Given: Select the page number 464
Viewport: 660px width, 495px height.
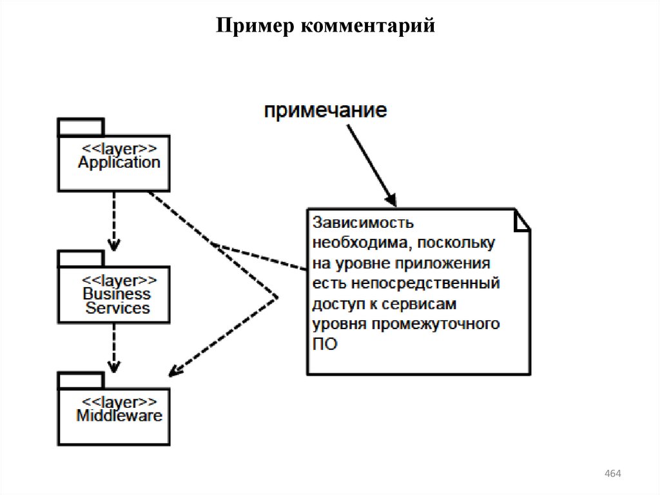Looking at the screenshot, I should click(612, 474).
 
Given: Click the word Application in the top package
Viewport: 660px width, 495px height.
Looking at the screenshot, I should click(119, 163).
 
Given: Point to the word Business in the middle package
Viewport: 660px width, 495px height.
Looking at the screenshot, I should click(117, 294).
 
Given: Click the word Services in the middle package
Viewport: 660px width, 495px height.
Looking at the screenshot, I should click(117, 308).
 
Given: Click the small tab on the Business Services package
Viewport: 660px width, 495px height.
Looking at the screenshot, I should click(81, 259).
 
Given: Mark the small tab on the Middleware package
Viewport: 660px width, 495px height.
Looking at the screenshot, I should click(81, 379).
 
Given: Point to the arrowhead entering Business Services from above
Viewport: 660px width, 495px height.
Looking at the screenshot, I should click(114, 245).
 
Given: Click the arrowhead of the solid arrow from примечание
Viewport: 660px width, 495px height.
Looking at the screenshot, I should click(391, 199).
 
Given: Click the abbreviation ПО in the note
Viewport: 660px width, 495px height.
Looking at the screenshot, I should click(325, 345).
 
